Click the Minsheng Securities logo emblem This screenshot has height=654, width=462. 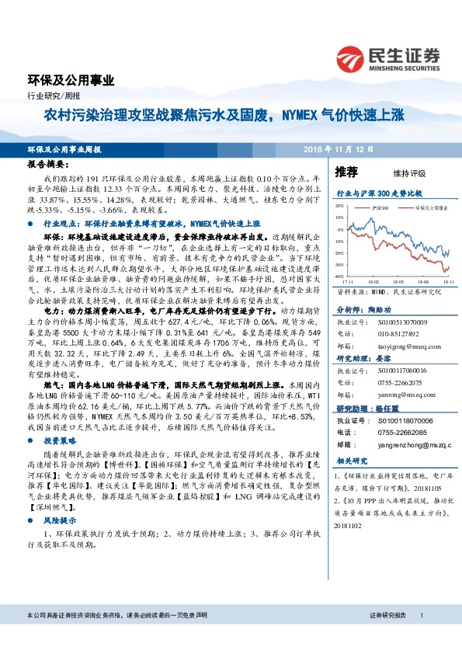click(x=352, y=57)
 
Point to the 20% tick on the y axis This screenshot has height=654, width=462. click(x=340, y=207)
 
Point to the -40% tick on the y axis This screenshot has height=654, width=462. click(x=340, y=277)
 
